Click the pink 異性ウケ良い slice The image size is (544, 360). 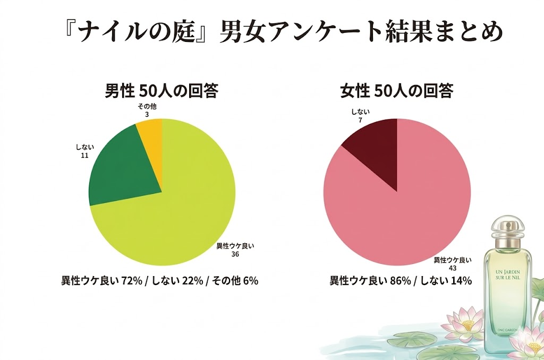[x=404, y=212]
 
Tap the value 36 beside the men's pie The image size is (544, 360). [x=235, y=254]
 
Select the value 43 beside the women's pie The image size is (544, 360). [x=452, y=269]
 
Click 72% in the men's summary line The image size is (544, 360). [x=130, y=281]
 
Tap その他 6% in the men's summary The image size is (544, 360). [x=235, y=281]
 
